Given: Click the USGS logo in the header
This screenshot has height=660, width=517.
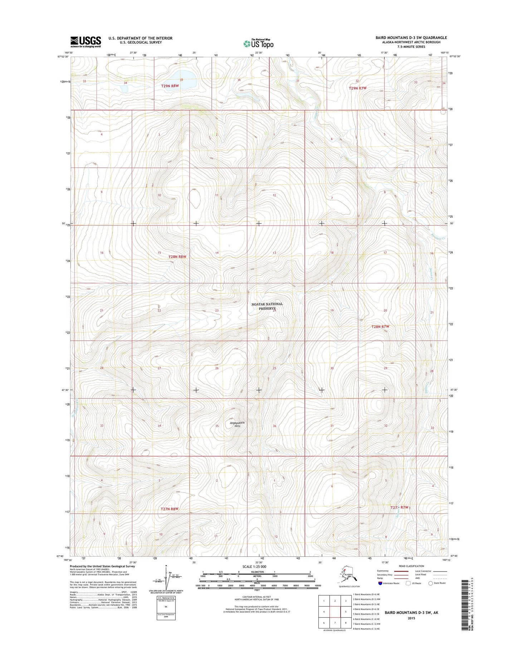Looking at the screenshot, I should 86,42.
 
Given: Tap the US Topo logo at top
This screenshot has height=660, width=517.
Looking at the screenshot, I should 258,43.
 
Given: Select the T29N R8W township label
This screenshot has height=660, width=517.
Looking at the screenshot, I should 170,86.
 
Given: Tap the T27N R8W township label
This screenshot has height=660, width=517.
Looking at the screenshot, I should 169,509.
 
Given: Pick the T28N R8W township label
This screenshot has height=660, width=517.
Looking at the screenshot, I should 177,257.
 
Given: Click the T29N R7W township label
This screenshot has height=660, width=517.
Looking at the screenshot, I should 358,88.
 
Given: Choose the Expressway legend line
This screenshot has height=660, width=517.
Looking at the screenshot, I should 402,571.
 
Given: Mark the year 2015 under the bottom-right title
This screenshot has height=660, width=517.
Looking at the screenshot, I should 411,618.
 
